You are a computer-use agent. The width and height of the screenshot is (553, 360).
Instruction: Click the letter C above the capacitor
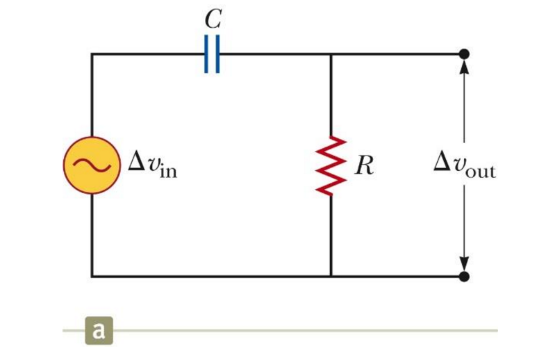pos(213,19)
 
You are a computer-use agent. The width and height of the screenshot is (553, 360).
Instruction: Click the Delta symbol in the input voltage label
pos(135,163)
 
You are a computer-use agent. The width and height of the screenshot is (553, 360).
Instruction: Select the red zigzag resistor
pos(331,165)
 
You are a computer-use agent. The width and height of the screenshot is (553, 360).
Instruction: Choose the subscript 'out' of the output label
pos(480,172)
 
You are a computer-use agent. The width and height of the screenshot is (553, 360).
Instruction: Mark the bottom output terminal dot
pos(464,277)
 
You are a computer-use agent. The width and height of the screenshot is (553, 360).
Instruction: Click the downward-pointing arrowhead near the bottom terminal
pos(464,264)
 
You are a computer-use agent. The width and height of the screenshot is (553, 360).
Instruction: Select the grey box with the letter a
pos(99,330)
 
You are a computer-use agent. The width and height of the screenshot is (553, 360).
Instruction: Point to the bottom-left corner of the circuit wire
pos(92,277)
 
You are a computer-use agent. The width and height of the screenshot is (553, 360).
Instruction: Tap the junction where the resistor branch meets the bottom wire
pos(331,277)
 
